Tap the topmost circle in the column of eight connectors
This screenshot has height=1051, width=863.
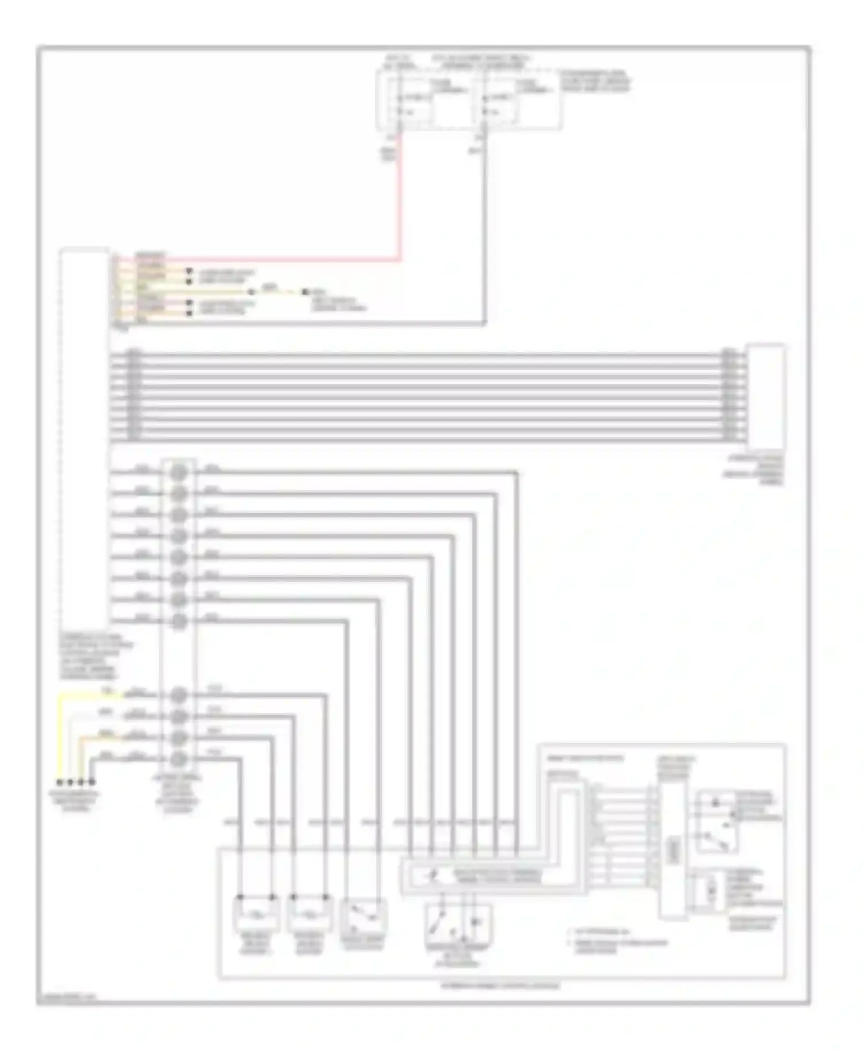(x=179, y=472)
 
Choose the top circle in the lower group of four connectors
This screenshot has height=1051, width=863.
(x=179, y=695)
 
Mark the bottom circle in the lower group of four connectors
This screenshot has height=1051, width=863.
(x=179, y=759)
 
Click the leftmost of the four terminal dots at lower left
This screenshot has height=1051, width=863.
(x=59, y=782)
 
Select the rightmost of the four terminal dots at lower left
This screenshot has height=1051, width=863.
(x=91, y=782)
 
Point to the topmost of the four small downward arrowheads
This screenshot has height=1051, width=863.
(x=189, y=271)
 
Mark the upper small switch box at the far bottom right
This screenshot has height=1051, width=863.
(x=716, y=822)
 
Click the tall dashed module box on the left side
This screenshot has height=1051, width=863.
(x=84, y=437)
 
